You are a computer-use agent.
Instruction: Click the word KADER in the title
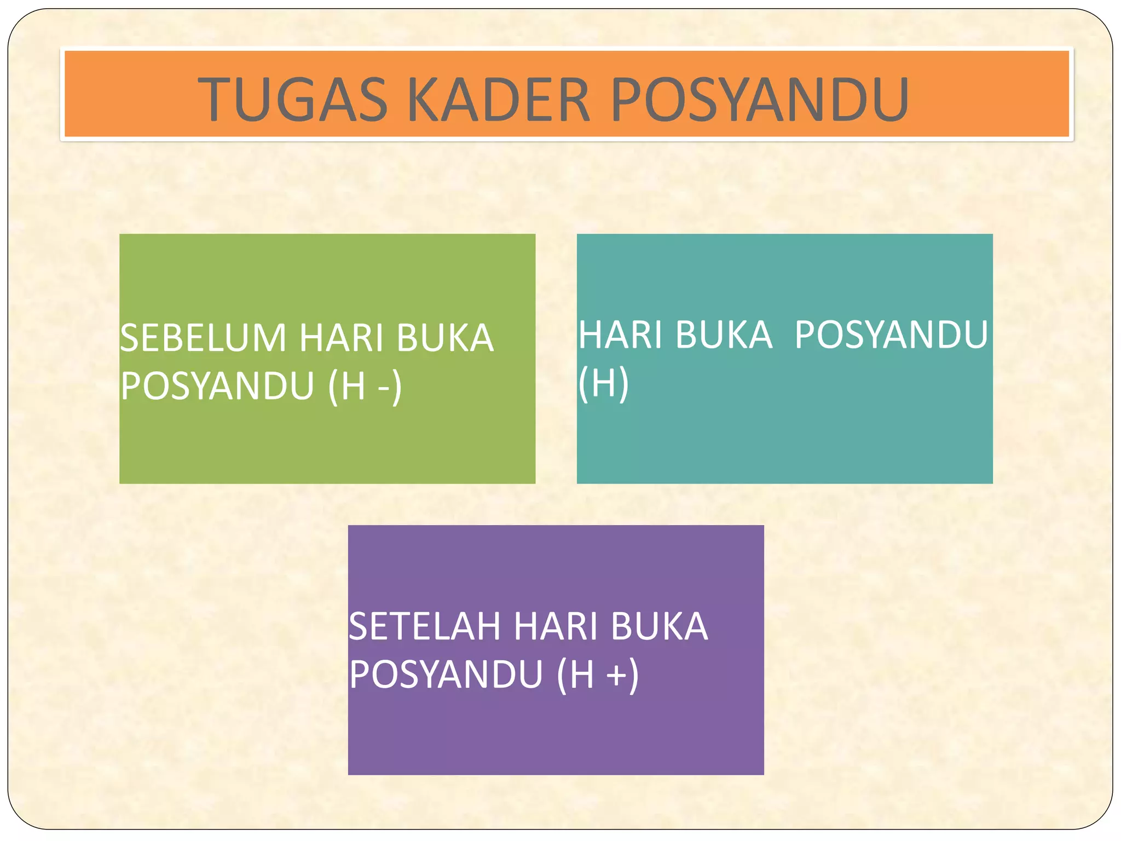pos(499,100)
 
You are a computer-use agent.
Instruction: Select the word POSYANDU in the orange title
pos(760,100)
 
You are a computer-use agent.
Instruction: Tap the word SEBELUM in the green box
pos(203,338)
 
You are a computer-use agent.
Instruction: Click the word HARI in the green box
pos(341,338)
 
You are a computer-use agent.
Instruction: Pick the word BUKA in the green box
pos(445,338)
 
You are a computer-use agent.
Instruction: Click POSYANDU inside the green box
pos(217,386)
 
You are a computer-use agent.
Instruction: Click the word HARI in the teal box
pos(620,335)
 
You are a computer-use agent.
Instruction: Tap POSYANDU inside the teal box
pos(891,335)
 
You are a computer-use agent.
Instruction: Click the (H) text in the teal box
pos(603,383)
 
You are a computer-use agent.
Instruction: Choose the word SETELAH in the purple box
pos(425,626)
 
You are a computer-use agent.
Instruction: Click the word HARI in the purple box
pos(556,626)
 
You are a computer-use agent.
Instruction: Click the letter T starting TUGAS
pos(215,100)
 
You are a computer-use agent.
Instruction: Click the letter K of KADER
pos(425,100)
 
